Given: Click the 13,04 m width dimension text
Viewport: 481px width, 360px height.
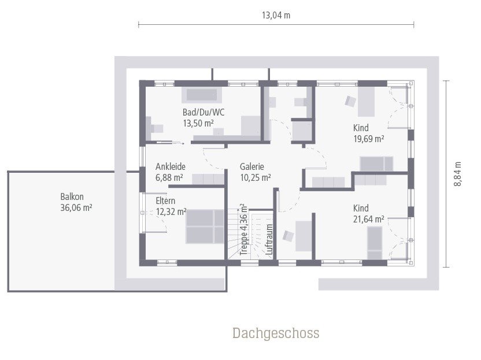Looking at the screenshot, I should coord(276,16).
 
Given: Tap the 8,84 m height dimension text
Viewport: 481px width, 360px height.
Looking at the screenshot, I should coord(457,173).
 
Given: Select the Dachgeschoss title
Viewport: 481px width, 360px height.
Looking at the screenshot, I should coord(276,333).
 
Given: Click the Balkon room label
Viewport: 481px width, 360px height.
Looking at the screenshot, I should coord(72,197).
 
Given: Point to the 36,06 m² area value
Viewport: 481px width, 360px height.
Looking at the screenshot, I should coord(76,208).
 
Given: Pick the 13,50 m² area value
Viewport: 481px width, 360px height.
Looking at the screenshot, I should coord(198,123).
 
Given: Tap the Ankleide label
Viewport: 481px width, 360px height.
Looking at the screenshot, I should coord(169,167).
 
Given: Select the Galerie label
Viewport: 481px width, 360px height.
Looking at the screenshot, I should coord(252,167).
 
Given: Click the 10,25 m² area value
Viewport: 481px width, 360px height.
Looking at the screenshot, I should coord(256,178).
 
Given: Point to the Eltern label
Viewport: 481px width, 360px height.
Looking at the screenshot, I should coord(165,201).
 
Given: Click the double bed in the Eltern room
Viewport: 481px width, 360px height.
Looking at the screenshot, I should coord(205,226).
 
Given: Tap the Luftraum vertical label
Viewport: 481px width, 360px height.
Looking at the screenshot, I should coord(269,239).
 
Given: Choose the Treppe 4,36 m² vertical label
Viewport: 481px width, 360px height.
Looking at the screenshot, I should coord(244,229).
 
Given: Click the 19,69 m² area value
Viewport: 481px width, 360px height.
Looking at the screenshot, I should coord(369,139).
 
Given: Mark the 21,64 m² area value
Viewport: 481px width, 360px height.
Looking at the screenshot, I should coord(369,219).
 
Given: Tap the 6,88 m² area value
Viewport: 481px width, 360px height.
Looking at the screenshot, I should coord(169,178).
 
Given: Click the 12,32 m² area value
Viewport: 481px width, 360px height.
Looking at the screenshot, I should coord(171,211).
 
